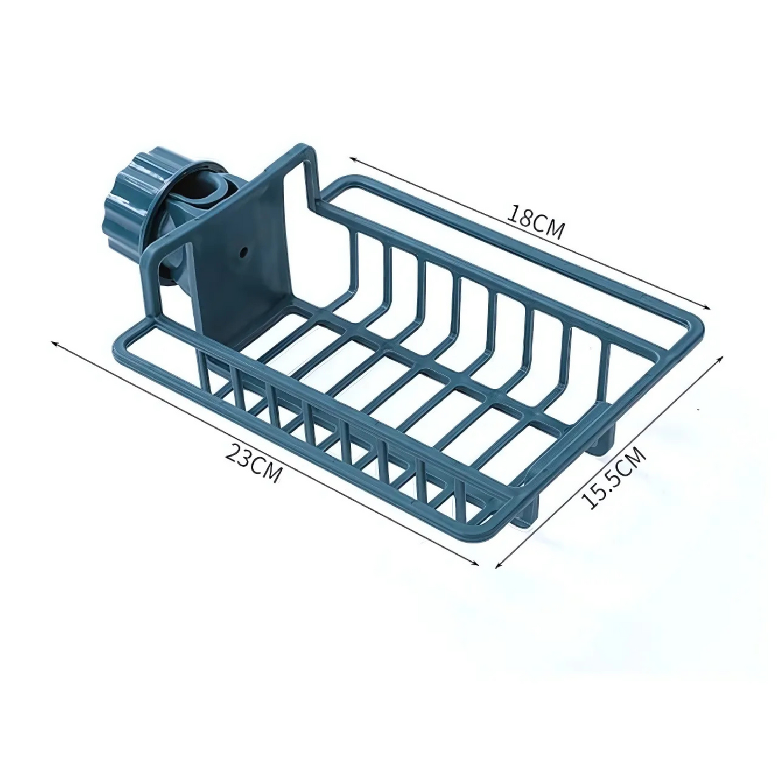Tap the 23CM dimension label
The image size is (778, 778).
point(253,462)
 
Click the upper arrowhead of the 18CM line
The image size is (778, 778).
point(353,159)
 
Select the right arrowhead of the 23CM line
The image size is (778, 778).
point(475,564)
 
